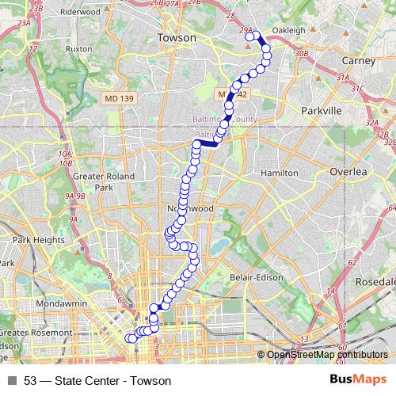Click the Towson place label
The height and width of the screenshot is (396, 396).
click(x=176, y=37)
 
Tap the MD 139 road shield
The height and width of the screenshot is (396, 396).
click(x=116, y=98)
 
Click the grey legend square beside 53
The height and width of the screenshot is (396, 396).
click(x=12, y=380)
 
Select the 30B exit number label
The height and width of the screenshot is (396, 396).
click(x=300, y=53)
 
